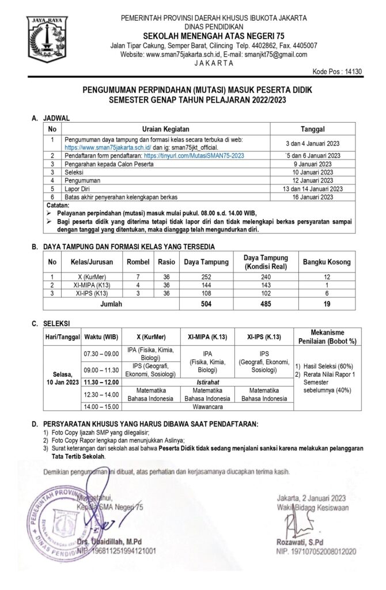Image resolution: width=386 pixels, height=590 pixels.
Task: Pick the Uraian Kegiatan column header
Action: [x=166, y=129]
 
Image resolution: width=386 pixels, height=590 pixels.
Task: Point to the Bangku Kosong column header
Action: [x=327, y=262]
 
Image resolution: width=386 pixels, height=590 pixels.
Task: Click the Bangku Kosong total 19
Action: [x=327, y=304]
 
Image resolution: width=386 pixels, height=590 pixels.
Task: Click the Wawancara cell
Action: [x=206, y=406]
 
